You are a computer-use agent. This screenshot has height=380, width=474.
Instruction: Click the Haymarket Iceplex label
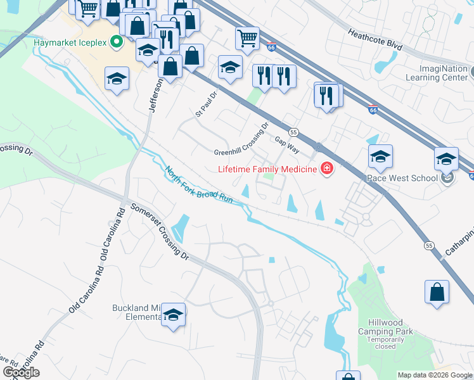click(70, 43)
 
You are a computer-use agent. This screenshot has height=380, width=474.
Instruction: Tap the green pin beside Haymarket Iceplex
click(116, 43)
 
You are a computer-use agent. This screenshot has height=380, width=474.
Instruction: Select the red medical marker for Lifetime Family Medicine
click(326, 169)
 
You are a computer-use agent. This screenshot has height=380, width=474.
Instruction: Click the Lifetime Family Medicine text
click(268, 169)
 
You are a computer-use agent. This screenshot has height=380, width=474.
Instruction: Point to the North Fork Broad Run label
click(199, 185)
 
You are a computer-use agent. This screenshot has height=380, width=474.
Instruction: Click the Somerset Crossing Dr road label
click(160, 232)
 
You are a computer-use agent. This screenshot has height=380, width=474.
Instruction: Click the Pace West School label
click(402, 178)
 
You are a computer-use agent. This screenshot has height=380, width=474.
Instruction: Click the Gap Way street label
click(286, 145)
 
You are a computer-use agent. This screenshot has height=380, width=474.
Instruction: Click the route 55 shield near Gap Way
click(293, 132)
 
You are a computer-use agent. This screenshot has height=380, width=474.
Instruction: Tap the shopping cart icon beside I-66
click(247, 37)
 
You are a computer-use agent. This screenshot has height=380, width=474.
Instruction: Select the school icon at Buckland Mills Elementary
click(173, 314)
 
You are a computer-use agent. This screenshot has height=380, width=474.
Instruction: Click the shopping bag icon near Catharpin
click(437, 292)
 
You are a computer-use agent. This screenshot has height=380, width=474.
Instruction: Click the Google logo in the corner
click(21, 372)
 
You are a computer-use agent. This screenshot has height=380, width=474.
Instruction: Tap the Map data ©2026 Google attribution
click(435, 376)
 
